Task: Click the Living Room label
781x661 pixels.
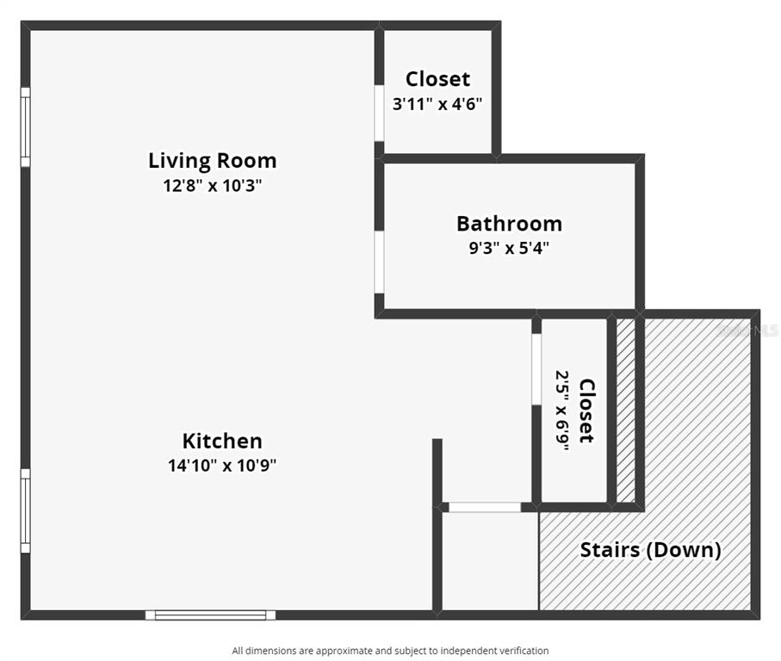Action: [x=212, y=161]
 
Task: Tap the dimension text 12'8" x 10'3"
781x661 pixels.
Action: [x=212, y=186]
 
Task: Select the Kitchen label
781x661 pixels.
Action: [x=222, y=441]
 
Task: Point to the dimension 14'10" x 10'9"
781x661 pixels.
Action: [x=222, y=466]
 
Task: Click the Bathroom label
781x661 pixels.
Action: [x=509, y=224]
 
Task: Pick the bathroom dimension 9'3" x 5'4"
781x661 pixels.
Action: [x=509, y=247]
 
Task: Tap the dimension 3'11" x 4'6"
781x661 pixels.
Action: [x=437, y=104]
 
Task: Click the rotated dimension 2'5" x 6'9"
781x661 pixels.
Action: [x=562, y=411]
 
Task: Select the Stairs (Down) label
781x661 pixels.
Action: [x=650, y=550]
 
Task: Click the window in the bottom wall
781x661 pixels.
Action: [x=210, y=615]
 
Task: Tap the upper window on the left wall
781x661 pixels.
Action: [x=26, y=127]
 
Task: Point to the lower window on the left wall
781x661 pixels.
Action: [x=26, y=510]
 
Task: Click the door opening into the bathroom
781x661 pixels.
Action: [x=379, y=263]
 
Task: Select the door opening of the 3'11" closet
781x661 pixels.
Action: [x=379, y=114]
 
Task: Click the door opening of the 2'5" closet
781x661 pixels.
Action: [x=536, y=369]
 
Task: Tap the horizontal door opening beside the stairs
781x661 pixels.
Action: [x=485, y=507]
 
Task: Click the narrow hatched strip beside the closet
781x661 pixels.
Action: [x=626, y=411]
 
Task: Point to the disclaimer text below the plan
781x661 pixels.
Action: [x=390, y=651]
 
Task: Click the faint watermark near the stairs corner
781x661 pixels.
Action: [x=747, y=330]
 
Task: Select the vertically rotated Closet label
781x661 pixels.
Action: [x=586, y=411]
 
